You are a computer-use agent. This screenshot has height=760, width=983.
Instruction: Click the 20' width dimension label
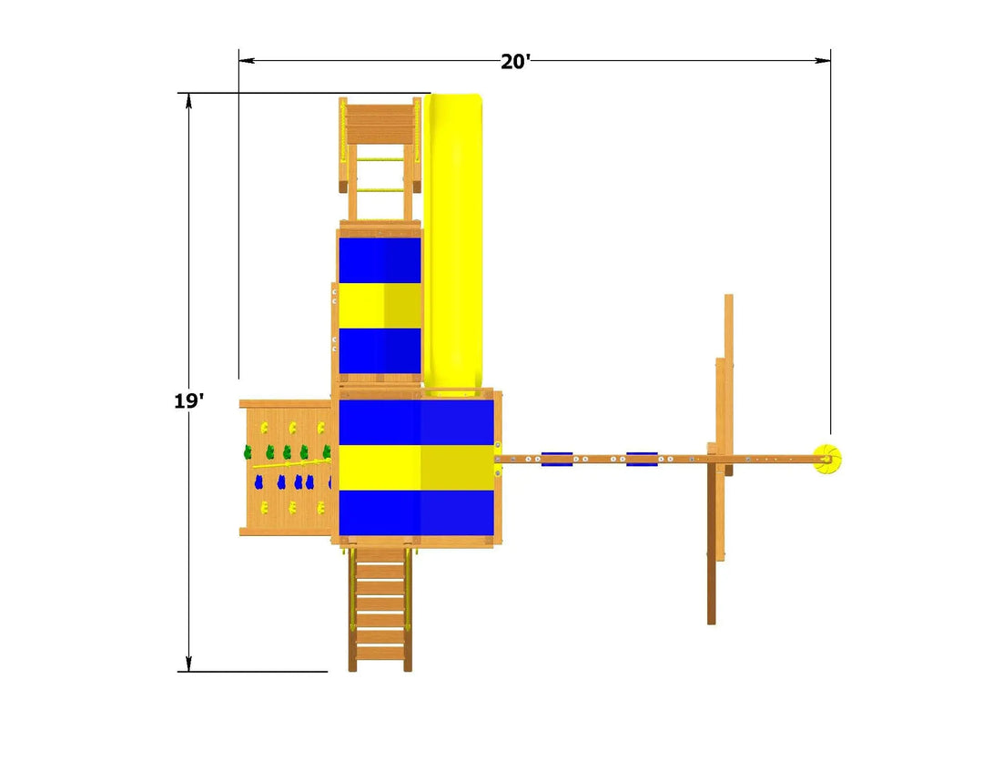[x=515, y=62]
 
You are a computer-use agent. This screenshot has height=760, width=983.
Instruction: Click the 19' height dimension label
[x=188, y=400]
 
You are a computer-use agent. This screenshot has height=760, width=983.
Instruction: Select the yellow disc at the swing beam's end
[x=826, y=459]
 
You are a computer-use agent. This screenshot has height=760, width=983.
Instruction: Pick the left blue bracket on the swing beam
[x=557, y=459]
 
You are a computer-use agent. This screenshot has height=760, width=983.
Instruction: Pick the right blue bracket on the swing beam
[x=642, y=459]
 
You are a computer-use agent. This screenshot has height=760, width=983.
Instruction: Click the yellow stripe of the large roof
[x=416, y=468]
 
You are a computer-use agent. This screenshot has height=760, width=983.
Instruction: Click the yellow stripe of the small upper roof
[x=380, y=306]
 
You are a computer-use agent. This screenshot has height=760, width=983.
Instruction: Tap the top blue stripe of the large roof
[x=416, y=422]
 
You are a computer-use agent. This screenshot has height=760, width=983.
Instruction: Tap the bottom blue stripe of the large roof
[x=416, y=513]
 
